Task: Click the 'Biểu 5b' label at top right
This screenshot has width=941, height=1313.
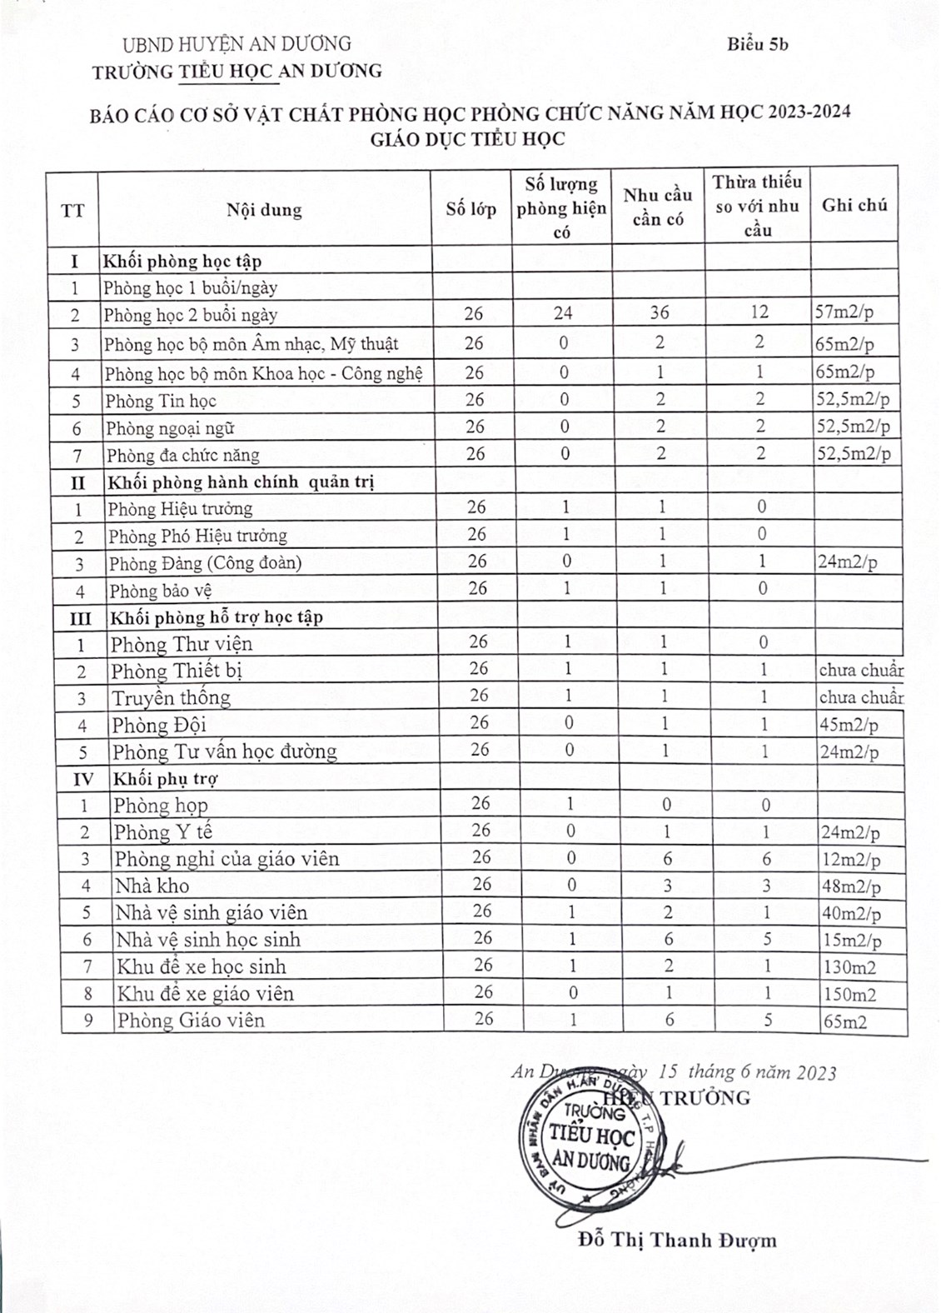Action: [757, 44]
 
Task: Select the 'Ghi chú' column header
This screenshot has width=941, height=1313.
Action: [854, 205]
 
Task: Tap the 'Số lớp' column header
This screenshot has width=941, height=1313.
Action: [471, 208]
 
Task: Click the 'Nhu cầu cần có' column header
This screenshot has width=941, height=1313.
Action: [658, 207]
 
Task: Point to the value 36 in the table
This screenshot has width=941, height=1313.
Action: [660, 312]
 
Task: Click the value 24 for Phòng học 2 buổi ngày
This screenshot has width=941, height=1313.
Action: [563, 313]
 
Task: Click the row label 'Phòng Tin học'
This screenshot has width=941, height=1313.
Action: [161, 401]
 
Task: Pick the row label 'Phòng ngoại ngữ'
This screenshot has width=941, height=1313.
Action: [170, 428]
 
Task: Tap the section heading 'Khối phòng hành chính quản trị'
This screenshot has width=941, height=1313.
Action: [240, 482]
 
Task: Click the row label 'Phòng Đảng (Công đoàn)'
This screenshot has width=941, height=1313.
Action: [205, 563]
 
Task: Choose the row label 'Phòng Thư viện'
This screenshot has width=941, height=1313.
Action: [182, 644]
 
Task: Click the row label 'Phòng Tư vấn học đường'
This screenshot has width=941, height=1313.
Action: [224, 751]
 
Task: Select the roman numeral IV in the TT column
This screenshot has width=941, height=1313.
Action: [82, 779]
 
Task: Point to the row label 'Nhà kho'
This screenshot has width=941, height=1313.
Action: [152, 886]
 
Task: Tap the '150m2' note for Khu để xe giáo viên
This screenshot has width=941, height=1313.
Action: [849, 994]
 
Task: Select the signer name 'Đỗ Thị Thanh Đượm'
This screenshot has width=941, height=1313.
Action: [677, 1241]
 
